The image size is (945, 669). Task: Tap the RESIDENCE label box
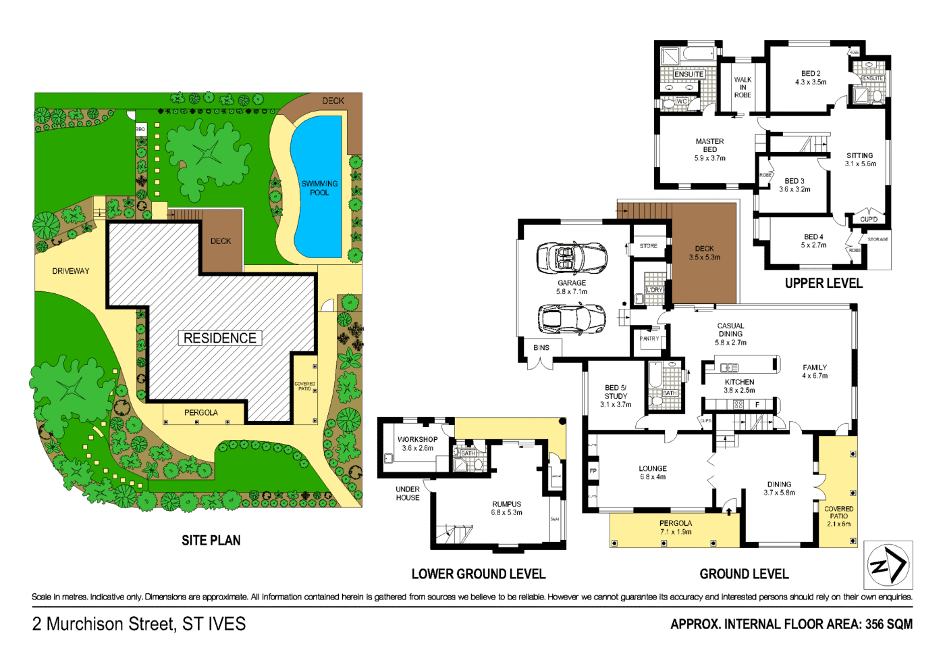pyautogui.click(x=220, y=338)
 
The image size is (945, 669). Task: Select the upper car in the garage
pyautogui.click(x=571, y=257)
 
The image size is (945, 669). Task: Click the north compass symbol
pyautogui.click(x=888, y=565)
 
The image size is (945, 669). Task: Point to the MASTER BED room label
pyautogui.click(x=709, y=149)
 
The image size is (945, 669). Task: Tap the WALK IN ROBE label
pyautogui.click(x=742, y=87)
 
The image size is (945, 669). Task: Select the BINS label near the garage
pyautogui.click(x=541, y=348)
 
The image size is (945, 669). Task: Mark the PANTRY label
pyautogui.click(x=649, y=339)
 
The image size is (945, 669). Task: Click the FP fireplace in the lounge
pyautogui.click(x=593, y=471)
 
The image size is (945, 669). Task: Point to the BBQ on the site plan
pyautogui.click(x=140, y=129)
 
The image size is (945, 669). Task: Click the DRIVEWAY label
pyautogui.click(x=71, y=271)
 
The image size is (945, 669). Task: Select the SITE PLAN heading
pyautogui.click(x=211, y=540)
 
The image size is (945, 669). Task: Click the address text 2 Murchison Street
pyautogui.click(x=139, y=624)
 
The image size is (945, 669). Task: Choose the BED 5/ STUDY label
pyautogui.click(x=616, y=396)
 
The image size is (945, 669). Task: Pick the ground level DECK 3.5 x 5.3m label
pyautogui.click(x=704, y=253)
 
